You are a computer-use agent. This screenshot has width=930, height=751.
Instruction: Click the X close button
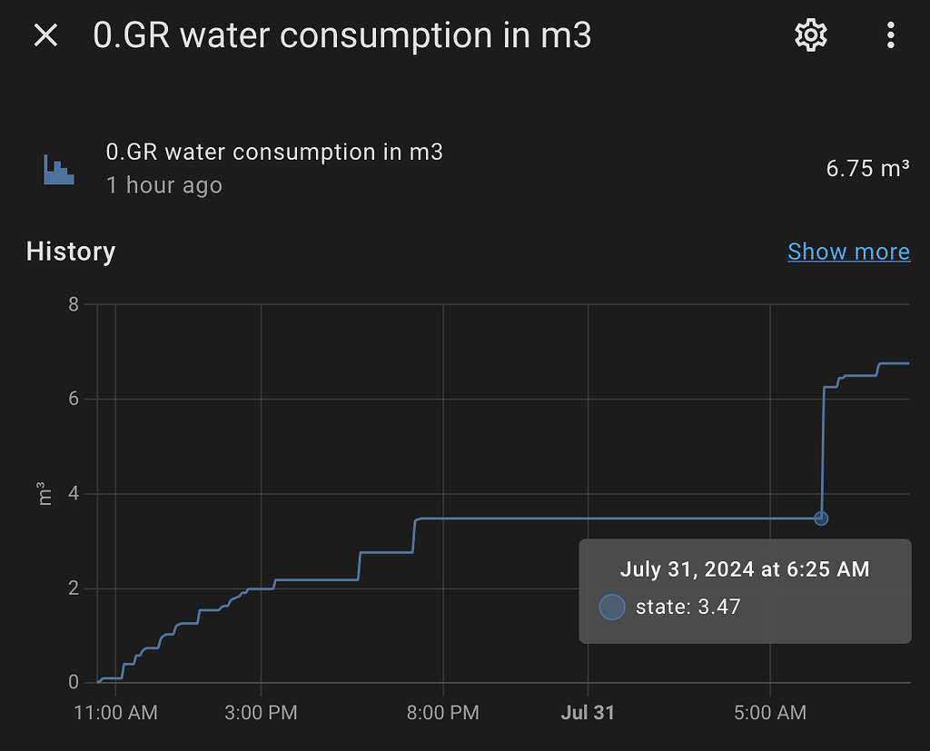[45, 35]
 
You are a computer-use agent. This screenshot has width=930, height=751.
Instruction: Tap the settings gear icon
[810, 35]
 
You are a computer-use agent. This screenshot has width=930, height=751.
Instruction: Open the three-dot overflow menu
[890, 35]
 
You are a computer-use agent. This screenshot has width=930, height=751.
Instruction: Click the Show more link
[848, 252]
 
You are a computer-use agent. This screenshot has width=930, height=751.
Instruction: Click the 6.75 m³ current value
[867, 168]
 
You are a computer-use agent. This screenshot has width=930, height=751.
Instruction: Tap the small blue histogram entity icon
[59, 169]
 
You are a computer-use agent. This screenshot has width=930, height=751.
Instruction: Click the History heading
[71, 252]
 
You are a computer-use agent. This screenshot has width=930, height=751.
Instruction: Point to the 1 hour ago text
[163, 185]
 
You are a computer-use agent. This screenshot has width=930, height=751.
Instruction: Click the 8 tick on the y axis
[74, 304]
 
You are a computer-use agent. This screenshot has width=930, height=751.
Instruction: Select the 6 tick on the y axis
[74, 399]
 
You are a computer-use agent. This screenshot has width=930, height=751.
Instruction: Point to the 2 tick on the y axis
[74, 588]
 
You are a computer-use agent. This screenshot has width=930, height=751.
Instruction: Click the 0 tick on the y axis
[74, 682]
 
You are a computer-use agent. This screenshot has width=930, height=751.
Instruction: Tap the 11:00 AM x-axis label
[115, 713]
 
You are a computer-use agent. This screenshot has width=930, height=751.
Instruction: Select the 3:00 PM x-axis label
[261, 713]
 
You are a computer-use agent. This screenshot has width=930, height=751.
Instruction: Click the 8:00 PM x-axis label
[443, 713]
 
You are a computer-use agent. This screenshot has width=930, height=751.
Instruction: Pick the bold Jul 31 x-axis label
[588, 713]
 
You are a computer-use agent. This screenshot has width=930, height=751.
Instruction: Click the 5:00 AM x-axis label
[770, 713]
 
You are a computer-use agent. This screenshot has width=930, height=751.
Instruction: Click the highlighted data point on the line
[821, 519]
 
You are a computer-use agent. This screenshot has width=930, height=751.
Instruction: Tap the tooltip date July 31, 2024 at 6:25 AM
[745, 569]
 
